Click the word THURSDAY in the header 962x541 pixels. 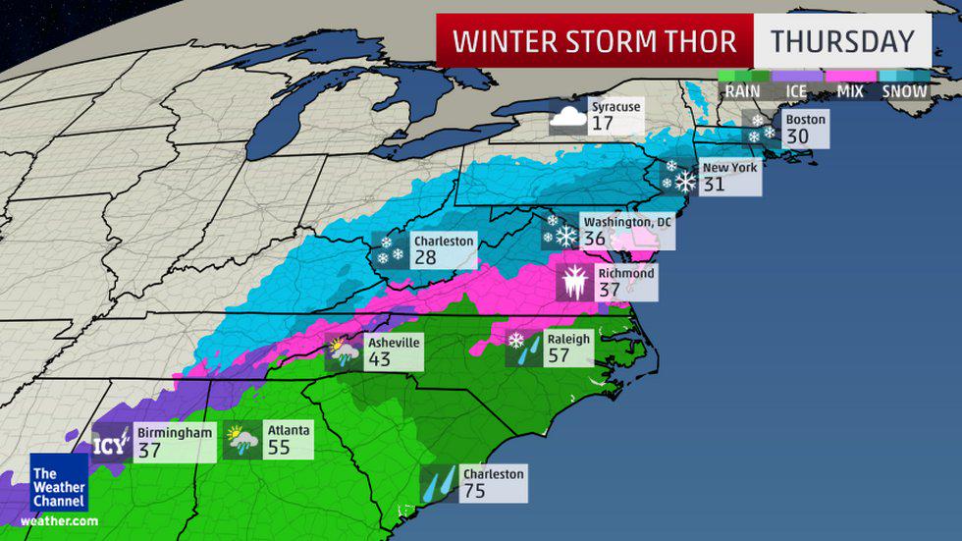point(842,41)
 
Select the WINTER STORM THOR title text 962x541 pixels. point(595,41)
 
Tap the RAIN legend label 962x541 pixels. point(743,91)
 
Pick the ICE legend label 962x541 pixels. point(797,91)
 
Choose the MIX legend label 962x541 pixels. point(850,91)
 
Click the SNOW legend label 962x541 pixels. point(905,91)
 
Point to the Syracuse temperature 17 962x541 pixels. point(602,124)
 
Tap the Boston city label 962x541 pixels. point(805,119)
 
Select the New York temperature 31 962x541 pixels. point(715,183)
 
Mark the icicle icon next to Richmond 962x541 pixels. point(572,283)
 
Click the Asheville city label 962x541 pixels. point(393,342)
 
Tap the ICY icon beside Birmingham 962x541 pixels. point(110,445)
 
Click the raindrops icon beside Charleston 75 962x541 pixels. point(438,484)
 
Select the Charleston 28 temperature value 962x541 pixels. point(426,257)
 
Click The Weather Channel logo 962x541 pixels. point(58,481)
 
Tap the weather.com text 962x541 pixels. point(58,520)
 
